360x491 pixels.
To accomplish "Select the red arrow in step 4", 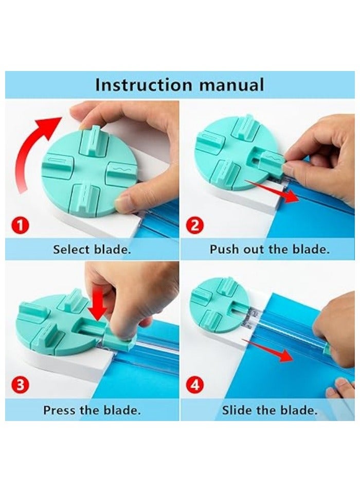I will pyautogui.click(x=273, y=353).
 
